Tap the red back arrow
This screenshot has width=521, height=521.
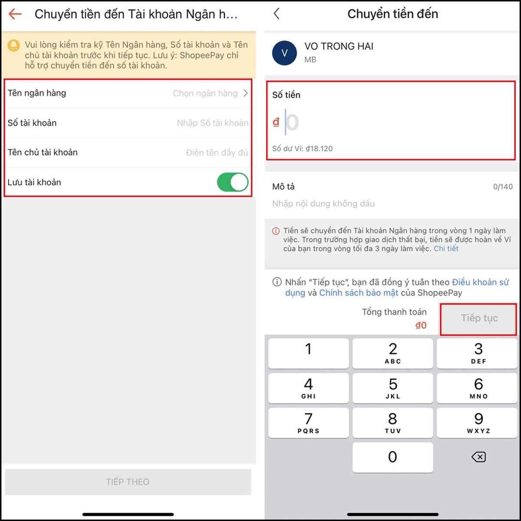click(15, 14)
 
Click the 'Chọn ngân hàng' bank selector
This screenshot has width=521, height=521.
click(210, 93)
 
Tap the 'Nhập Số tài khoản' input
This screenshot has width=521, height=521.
click(212, 123)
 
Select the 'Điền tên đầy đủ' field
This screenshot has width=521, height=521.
click(217, 152)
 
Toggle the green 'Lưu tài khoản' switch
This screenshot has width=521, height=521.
click(233, 182)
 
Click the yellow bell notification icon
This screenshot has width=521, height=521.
click(13, 46)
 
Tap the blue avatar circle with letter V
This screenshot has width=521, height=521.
click(284, 53)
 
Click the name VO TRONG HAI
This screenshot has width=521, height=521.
click(339, 46)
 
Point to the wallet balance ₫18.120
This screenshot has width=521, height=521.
click(319, 148)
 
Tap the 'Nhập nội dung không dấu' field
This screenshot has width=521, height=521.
click(323, 204)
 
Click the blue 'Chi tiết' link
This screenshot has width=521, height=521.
click(446, 248)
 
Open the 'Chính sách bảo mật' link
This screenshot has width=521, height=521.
click(359, 293)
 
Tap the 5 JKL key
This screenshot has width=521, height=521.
click(392, 388)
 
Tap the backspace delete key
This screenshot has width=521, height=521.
click(478, 457)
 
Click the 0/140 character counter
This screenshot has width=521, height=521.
click(503, 187)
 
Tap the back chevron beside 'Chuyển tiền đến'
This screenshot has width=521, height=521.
click(276, 13)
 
